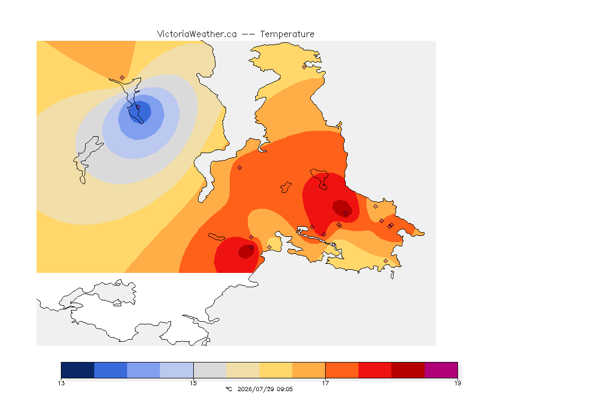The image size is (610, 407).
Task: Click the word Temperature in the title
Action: coord(287,34)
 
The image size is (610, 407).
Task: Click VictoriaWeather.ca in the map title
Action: coord(197,34)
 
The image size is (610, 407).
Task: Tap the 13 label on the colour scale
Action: coord(61,383)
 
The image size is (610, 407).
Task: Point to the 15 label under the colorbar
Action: coord(193,383)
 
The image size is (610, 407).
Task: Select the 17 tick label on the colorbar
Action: coord(325,383)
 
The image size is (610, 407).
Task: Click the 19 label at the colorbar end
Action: coord(457,383)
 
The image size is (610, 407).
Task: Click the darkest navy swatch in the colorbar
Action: coord(78,370)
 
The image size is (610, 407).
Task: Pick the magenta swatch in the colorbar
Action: coord(441,370)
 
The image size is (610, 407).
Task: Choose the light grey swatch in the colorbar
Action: coord(210,370)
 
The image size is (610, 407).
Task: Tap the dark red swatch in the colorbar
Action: coord(408,370)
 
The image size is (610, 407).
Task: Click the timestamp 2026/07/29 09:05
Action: coord(265,389)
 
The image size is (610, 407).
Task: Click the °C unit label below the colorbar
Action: coord(229,389)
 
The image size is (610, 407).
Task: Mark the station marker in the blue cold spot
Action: coord(138,107)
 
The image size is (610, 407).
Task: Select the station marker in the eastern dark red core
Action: coord(345,214)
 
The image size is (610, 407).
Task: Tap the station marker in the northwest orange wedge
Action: coord(122,78)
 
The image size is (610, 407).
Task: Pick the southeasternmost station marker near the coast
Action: coord(385,261)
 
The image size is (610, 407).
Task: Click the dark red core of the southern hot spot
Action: coord(246,251)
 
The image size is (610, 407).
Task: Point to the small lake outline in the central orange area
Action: coord(286,188)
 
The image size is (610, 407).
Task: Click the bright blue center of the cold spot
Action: coord(138,111)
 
